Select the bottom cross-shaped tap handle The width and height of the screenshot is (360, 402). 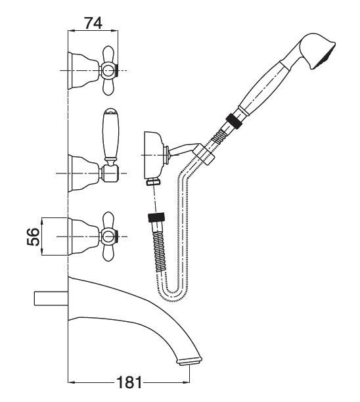pos(108,236)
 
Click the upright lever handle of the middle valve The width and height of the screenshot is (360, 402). pos(110,135)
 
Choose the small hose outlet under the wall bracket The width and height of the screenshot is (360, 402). pos(153,181)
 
